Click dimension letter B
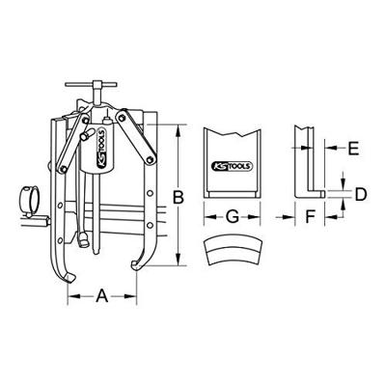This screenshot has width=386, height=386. [177, 199]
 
